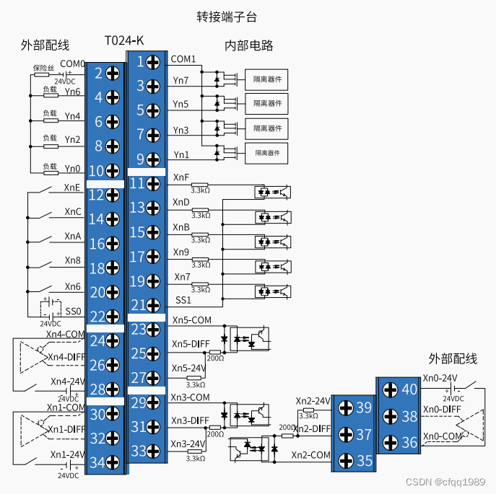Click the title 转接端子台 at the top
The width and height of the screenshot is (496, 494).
tap(226, 16)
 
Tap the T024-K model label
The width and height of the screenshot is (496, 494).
tap(124, 40)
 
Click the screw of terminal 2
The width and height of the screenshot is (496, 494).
tap(113, 73)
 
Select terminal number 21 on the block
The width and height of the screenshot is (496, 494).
tap(136, 305)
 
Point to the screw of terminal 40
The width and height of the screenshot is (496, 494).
tap(390, 390)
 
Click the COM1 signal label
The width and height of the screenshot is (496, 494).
tap(183, 59)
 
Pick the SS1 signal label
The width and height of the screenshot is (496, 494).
tap(183, 299)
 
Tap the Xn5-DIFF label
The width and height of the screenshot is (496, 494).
tap(190, 344)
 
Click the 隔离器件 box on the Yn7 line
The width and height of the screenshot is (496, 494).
tap(266, 79)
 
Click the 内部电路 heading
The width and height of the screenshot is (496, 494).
tap(249, 45)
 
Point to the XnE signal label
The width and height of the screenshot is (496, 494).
tap(72, 188)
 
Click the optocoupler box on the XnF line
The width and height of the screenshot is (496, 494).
tap(272, 193)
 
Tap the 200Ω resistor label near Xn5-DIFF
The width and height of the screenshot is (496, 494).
tap(214, 358)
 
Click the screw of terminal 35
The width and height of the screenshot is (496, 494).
tap(346, 459)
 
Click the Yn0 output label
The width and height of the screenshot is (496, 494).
tap(72, 169)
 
